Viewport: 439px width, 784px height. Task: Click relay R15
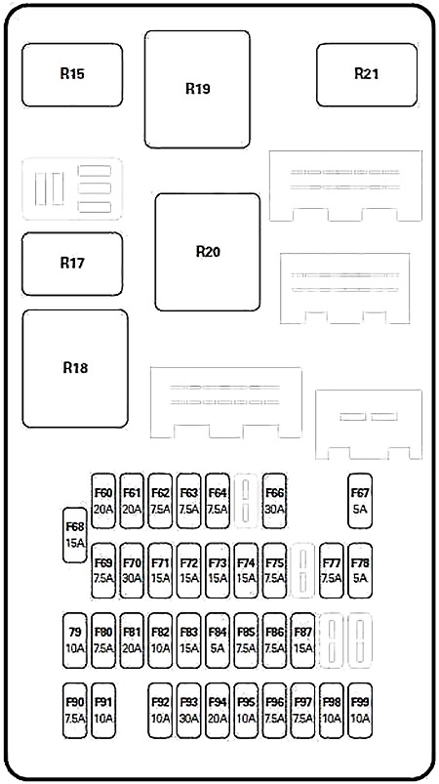click(x=72, y=75)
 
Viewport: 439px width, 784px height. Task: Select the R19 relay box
click(x=197, y=90)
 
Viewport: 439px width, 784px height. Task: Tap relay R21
click(x=367, y=75)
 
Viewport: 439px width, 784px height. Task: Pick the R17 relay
click(x=72, y=264)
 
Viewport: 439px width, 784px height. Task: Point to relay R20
click(x=207, y=252)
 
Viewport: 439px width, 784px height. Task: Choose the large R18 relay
click(x=75, y=368)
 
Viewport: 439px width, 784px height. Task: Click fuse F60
click(x=103, y=501)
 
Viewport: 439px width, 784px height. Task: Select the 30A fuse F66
click(x=275, y=501)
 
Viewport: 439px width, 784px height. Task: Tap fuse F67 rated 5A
click(x=360, y=501)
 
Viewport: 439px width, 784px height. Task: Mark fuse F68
click(x=75, y=535)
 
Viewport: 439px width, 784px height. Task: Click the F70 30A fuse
click(x=132, y=570)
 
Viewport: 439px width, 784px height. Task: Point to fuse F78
click(x=360, y=570)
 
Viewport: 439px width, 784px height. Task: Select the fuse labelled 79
click(x=75, y=640)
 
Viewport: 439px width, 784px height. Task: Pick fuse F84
click(x=218, y=640)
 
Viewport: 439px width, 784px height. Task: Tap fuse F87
click(x=303, y=640)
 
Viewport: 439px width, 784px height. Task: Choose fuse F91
click(x=103, y=711)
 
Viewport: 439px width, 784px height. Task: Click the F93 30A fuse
click(x=189, y=711)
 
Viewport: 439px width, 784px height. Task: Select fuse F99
click(x=360, y=711)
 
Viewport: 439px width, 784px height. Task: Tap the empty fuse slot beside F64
click(x=246, y=501)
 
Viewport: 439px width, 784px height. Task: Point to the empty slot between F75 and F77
click(x=303, y=570)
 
